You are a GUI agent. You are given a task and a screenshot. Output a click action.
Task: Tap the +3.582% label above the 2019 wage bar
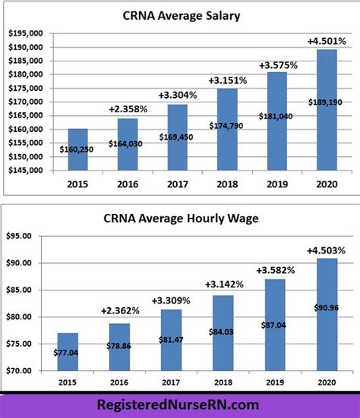click(x=274, y=270)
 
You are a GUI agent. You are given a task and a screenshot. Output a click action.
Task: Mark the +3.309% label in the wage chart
click(x=170, y=300)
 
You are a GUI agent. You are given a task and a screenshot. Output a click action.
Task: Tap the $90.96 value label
click(x=327, y=307)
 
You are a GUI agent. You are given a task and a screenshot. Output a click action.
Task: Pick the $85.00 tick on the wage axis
click(x=28, y=290)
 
